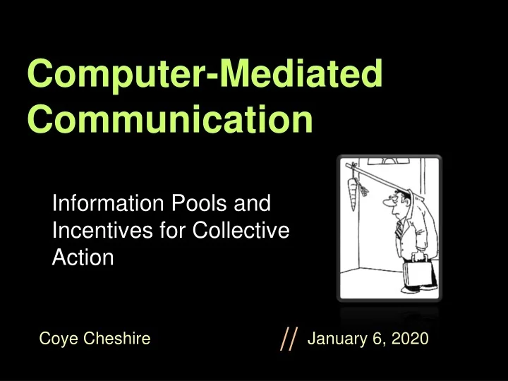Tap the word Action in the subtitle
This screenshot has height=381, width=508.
pyautogui.click(x=83, y=257)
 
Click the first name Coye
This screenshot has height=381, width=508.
pyautogui.click(x=60, y=339)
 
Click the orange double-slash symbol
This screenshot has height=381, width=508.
pyautogui.click(x=289, y=339)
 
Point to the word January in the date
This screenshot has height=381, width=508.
pyautogui.click(x=335, y=339)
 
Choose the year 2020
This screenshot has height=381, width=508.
pyautogui.click(x=410, y=339)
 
